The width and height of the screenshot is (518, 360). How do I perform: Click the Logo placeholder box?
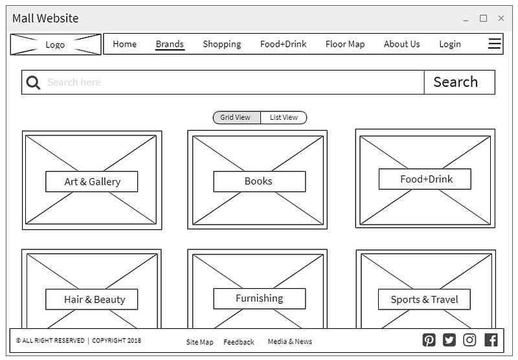click(x=56, y=44)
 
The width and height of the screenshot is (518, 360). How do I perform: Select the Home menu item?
click(x=124, y=44)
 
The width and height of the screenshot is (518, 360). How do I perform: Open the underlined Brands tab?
click(x=170, y=44)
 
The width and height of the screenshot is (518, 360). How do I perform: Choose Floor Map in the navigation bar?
click(x=345, y=44)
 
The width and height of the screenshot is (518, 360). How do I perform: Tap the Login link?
click(x=449, y=44)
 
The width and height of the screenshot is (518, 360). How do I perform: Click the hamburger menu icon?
click(x=495, y=43)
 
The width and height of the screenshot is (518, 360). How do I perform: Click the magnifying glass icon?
click(x=33, y=82)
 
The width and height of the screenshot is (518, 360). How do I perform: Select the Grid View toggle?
click(x=236, y=118)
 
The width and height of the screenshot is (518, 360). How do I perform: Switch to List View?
click(x=284, y=118)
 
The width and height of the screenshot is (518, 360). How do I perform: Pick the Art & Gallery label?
click(x=92, y=182)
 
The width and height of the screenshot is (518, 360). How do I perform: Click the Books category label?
click(x=260, y=181)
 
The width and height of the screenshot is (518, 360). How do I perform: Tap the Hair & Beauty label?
click(x=92, y=300)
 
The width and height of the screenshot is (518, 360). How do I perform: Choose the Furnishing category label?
click(x=260, y=298)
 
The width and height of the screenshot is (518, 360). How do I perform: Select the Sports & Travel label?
click(x=424, y=300)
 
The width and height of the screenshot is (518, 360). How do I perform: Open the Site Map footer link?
click(x=199, y=342)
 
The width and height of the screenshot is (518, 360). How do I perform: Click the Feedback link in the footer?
click(x=239, y=342)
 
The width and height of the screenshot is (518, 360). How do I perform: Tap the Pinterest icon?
click(x=429, y=340)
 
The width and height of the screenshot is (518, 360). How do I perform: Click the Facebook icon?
click(x=491, y=340)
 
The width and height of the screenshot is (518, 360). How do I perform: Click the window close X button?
click(x=501, y=18)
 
